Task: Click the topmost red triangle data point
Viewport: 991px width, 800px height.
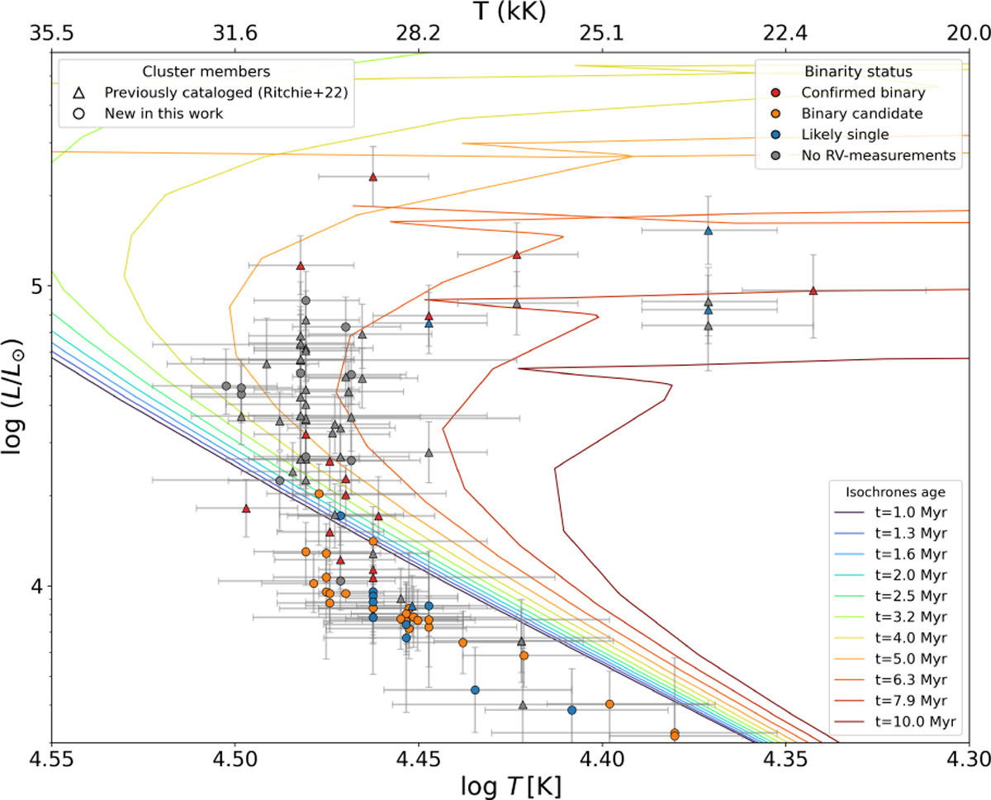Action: pos(373,177)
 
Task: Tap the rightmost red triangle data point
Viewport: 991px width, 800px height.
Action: pos(813,291)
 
